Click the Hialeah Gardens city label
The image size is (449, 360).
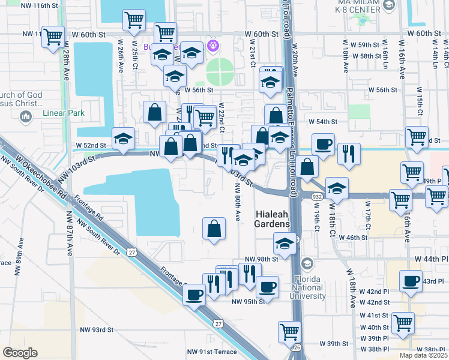[x=273, y=218]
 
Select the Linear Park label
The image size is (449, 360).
[x=63, y=113]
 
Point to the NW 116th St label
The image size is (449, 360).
[x=41, y=5]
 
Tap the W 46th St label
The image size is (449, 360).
[x=352, y=238]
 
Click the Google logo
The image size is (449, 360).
[x=20, y=353]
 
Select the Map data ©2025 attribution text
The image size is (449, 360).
[x=423, y=355]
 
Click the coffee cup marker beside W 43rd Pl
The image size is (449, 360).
[x=412, y=281]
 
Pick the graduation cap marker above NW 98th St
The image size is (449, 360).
[x=284, y=242]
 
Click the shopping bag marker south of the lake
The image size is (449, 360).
[x=214, y=228]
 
